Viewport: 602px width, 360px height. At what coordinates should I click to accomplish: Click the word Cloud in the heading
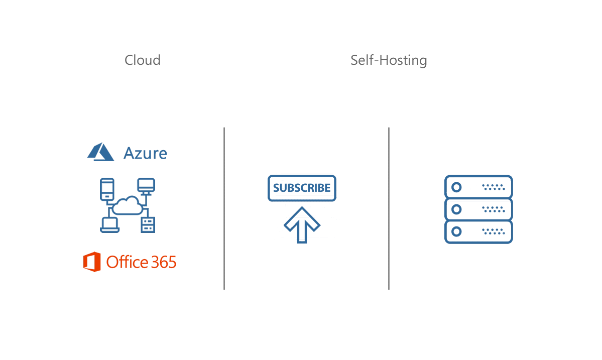pyautogui.click(x=143, y=60)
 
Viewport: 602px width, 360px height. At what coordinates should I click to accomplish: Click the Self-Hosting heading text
pyautogui.click(x=389, y=60)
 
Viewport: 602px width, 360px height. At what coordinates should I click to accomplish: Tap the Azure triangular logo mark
pyautogui.click(x=101, y=153)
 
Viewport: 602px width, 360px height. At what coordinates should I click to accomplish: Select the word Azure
pyautogui.click(x=146, y=153)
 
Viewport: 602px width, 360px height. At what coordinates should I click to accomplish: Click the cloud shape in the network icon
pyautogui.click(x=128, y=205)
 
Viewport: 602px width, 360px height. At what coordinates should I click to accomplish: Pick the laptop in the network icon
pyautogui.click(x=110, y=224)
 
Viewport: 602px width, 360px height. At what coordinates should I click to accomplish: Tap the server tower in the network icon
pyautogui.click(x=148, y=224)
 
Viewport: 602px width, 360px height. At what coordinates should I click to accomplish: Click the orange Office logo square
pyautogui.click(x=92, y=262)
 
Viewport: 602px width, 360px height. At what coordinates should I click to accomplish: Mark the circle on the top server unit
pyautogui.click(x=456, y=187)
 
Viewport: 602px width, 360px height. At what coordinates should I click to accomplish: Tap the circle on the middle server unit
pyautogui.click(x=456, y=209)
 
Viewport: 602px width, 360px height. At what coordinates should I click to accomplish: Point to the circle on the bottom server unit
pyautogui.click(x=456, y=231)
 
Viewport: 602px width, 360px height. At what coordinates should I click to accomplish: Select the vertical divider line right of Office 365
pyautogui.click(x=224, y=208)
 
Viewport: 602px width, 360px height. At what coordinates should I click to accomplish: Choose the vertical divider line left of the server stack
pyautogui.click(x=389, y=208)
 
